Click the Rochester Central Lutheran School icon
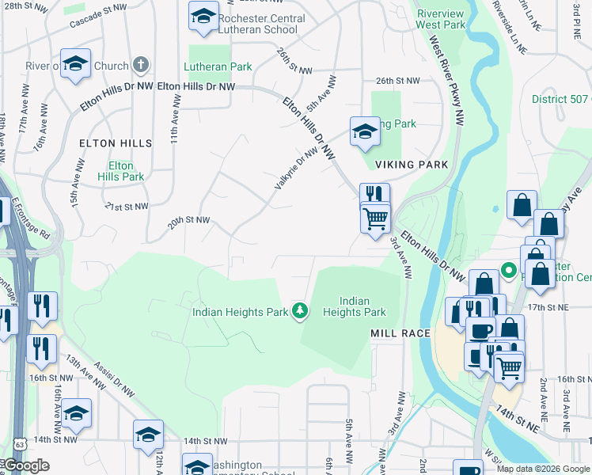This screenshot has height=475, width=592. point(203,16)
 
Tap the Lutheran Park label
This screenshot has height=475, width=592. point(218,67)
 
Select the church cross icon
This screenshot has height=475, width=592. point(140,64)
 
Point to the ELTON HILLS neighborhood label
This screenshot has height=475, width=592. point(115,143)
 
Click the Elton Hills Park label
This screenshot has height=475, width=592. point(121,171)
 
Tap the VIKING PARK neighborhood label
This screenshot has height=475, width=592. point(412,165)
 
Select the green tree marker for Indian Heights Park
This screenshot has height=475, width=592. point(299,311)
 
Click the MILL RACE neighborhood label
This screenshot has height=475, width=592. point(400,333)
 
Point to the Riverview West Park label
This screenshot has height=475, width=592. point(441,19)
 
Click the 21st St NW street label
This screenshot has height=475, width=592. point(127,207)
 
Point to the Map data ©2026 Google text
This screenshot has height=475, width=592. point(543,469)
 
